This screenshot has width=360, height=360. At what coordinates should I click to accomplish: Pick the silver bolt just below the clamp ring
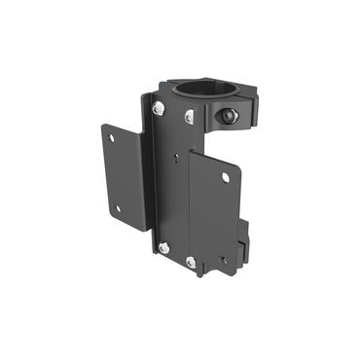[x=191, y=118]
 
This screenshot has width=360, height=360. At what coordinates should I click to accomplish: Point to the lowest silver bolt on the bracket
[x=192, y=263]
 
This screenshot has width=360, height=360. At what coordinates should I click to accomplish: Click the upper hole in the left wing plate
[x=112, y=137]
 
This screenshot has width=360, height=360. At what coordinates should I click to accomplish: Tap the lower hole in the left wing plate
[x=118, y=207]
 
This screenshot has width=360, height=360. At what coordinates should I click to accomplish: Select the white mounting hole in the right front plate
[x=226, y=177]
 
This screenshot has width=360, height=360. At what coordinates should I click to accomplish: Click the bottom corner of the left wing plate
[x=144, y=231]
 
